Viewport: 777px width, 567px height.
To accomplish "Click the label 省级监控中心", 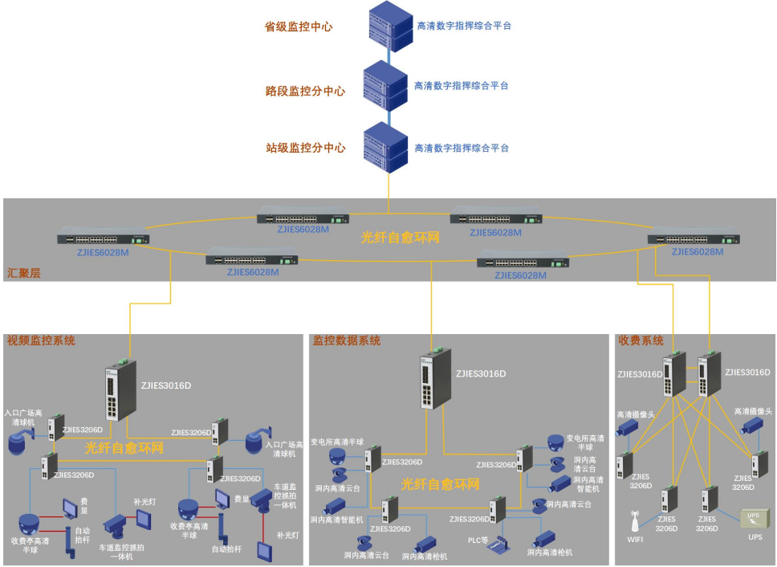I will pos(299,27).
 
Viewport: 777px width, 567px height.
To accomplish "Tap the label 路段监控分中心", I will pos(305,91).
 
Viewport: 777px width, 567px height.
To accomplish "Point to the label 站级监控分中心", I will pos(305,148).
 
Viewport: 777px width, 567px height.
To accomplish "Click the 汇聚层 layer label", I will pos(23,273).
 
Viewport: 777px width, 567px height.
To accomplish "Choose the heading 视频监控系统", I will pos(41,341).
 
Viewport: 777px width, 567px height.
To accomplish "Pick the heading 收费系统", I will pos(640,341).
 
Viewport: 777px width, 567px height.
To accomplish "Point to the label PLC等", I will pos(478,540).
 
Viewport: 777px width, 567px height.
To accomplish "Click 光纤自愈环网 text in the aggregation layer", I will pos(401,238).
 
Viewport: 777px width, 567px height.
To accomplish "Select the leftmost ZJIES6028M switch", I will pos(103,239).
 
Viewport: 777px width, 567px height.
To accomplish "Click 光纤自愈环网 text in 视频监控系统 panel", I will pos(124,448).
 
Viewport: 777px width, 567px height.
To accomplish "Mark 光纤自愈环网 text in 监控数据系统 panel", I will pos(440,484).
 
